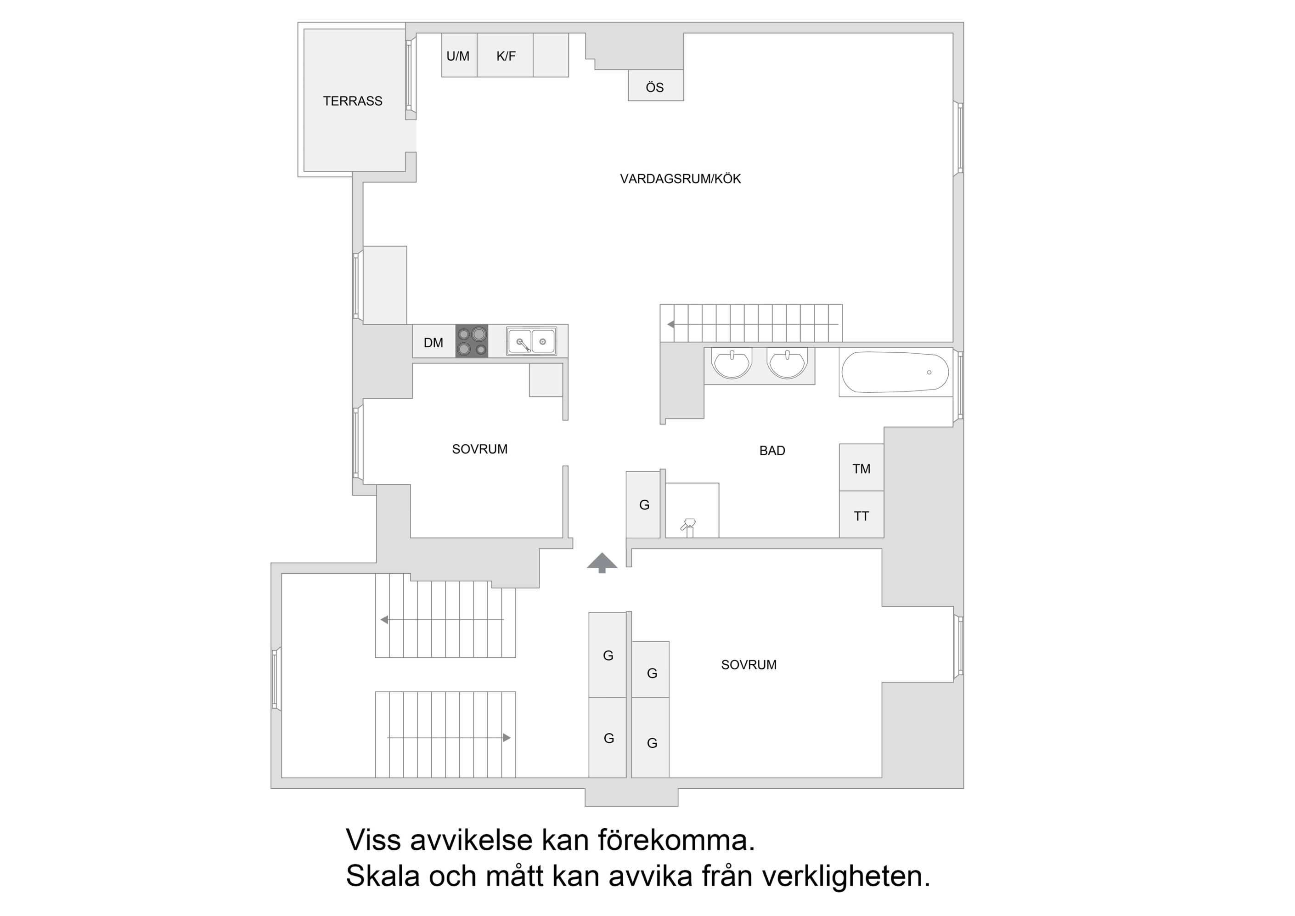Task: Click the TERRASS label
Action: click(x=353, y=101)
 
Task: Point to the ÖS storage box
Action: click(x=655, y=87)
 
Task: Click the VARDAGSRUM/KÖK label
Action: click(x=680, y=179)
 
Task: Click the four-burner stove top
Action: click(x=472, y=341)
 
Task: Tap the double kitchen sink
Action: click(x=531, y=341)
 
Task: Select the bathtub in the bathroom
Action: click(x=895, y=373)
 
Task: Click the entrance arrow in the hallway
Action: click(x=602, y=562)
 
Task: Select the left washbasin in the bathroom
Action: click(x=732, y=364)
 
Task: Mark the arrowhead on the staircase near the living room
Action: click(x=670, y=324)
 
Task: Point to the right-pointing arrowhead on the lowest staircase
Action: click(x=507, y=738)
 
